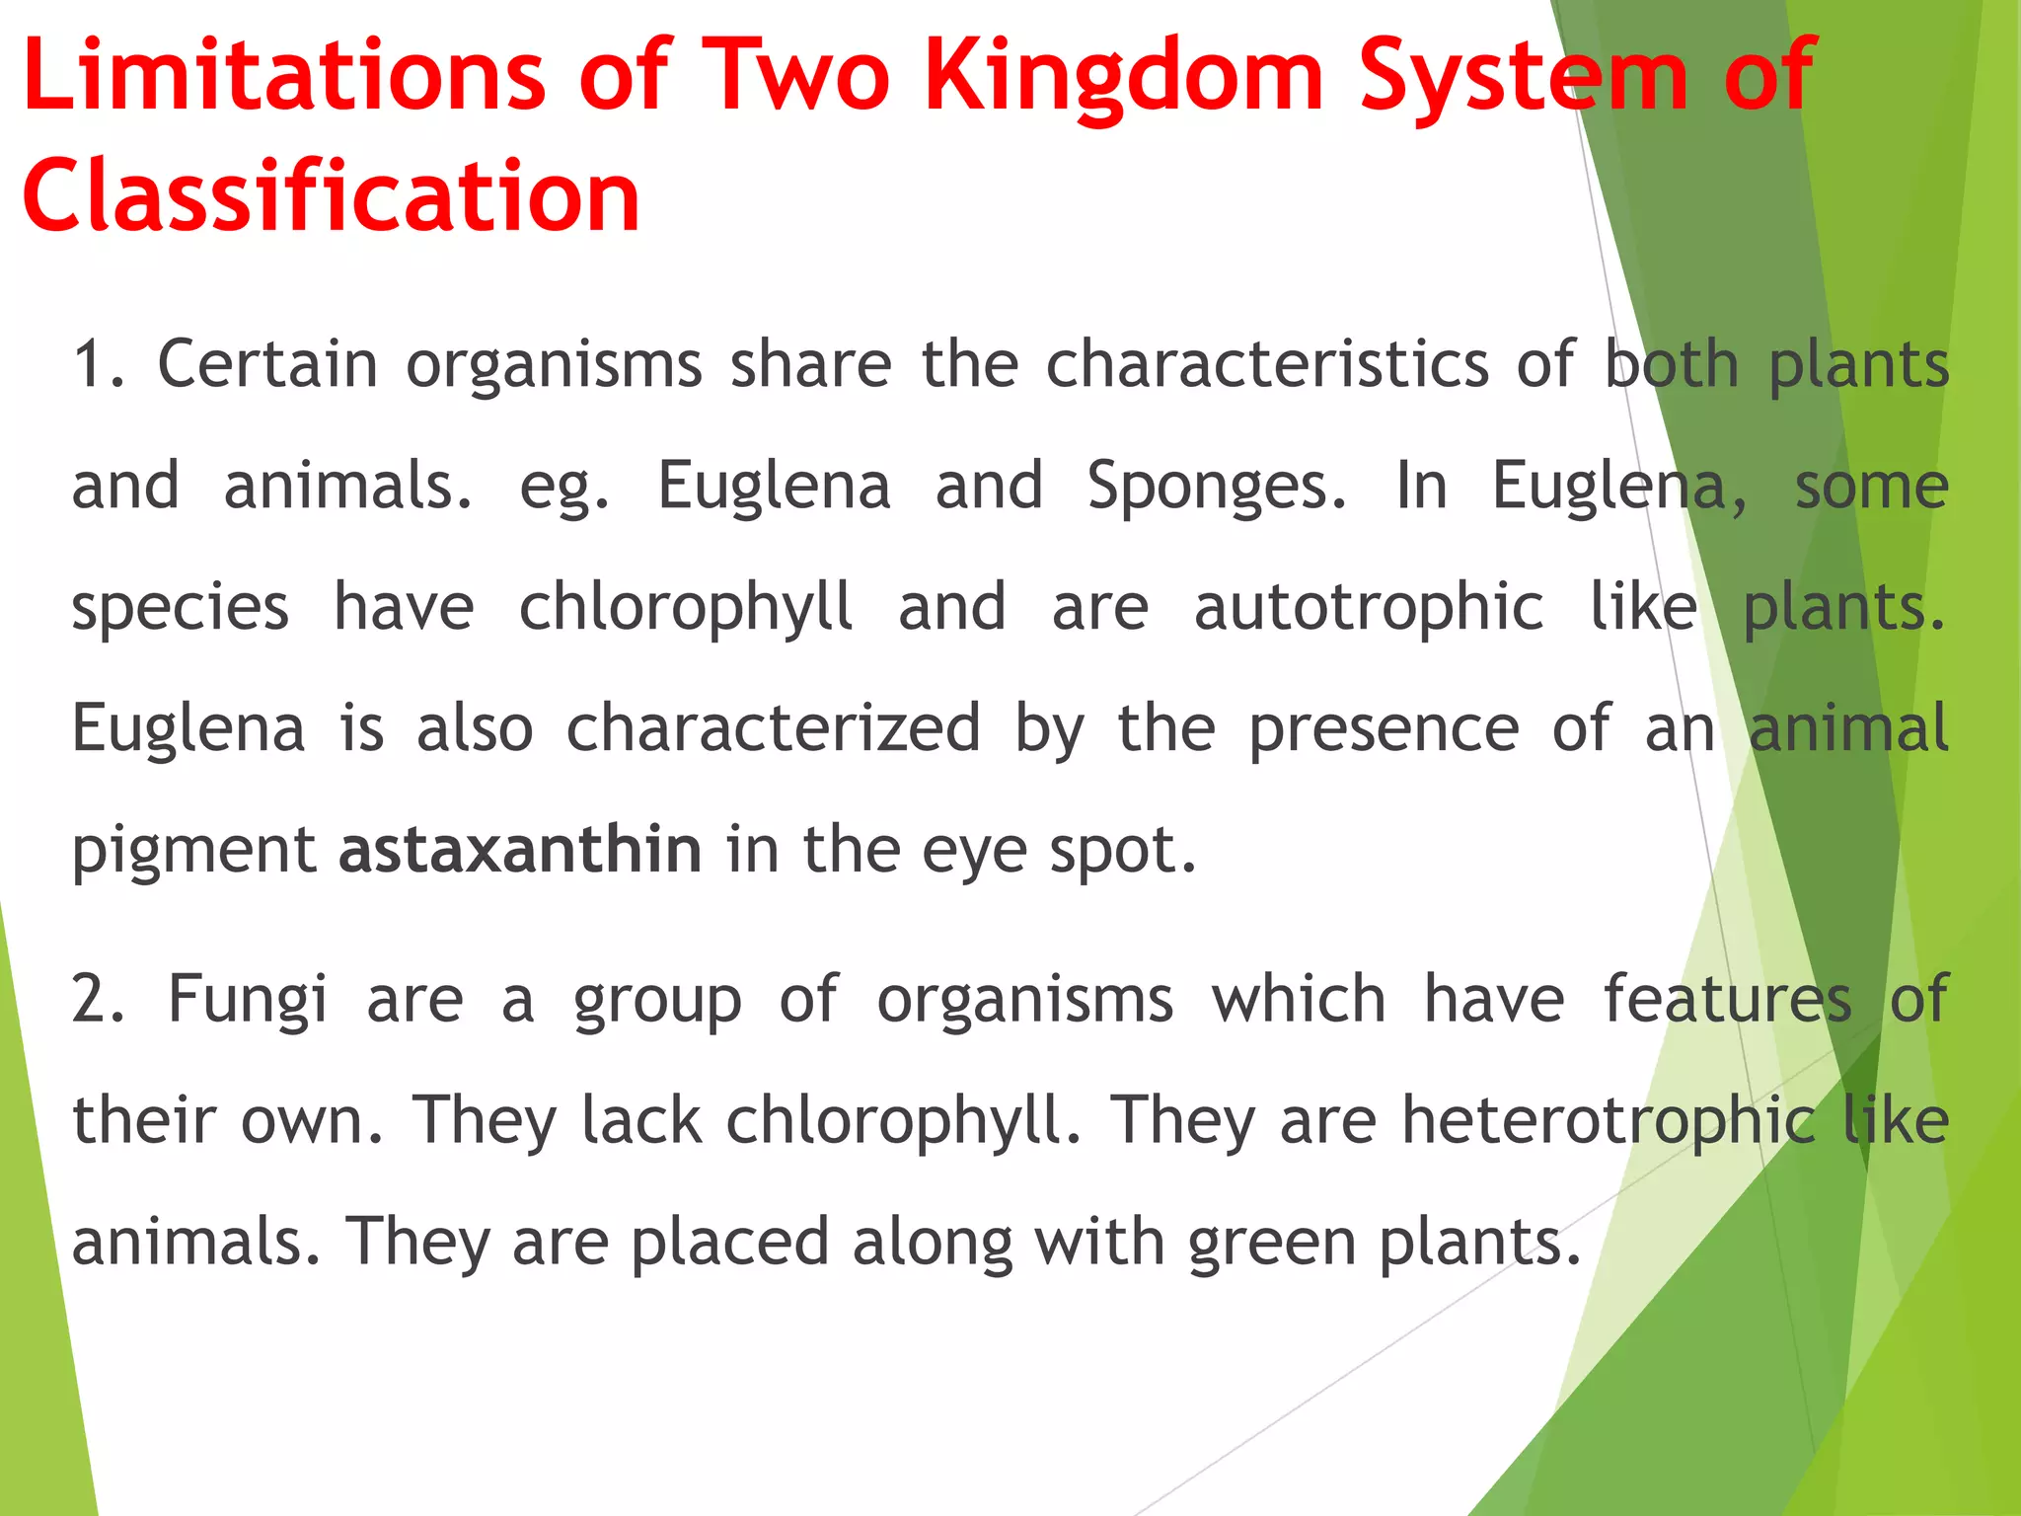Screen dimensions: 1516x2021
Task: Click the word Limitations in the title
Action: (x=284, y=76)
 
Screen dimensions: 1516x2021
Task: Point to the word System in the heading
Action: (x=1524, y=76)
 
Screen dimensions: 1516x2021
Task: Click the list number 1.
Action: (x=97, y=364)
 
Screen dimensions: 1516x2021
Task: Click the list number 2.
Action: (x=97, y=999)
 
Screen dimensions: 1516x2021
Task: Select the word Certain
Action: (x=267, y=364)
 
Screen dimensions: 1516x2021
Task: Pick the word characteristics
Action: (x=1268, y=364)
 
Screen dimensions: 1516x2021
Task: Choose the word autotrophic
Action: (x=1369, y=607)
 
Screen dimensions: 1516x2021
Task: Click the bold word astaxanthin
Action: (x=520, y=850)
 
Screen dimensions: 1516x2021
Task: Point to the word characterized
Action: (x=774, y=728)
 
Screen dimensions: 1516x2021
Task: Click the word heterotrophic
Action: (x=1609, y=1121)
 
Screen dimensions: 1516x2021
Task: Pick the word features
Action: (x=1727, y=999)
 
